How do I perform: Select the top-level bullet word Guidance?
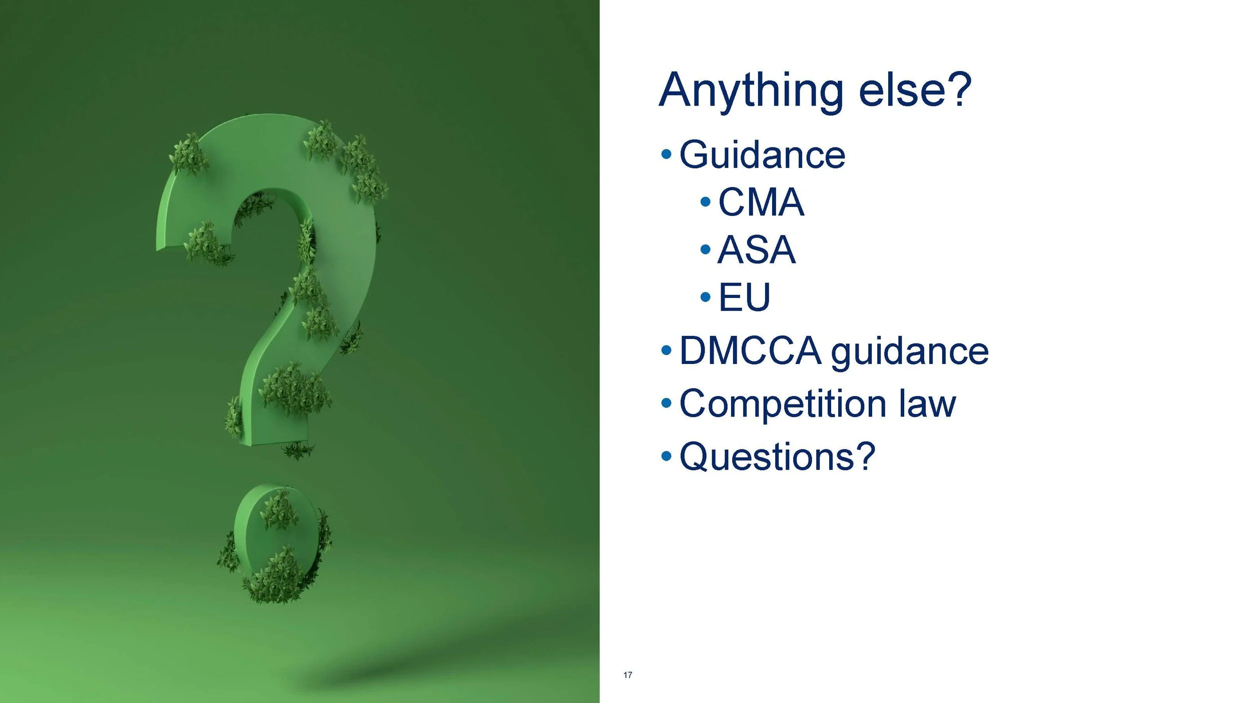click(x=762, y=155)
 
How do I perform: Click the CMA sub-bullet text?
click(x=761, y=202)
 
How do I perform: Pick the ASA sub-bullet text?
click(x=756, y=249)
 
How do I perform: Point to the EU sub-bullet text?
click(x=744, y=297)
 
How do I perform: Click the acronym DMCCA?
click(x=750, y=350)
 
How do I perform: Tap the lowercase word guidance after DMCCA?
click(x=910, y=352)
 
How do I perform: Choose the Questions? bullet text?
click(x=777, y=456)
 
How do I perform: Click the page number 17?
click(x=628, y=675)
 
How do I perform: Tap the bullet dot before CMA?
click(x=706, y=202)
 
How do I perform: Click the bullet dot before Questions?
click(x=666, y=455)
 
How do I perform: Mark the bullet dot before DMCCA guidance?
click(x=666, y=350)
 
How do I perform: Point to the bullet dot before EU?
click(x=706, y=297)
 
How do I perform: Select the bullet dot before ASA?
click(x=706, y=249)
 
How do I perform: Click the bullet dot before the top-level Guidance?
click(x=666, y=154)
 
